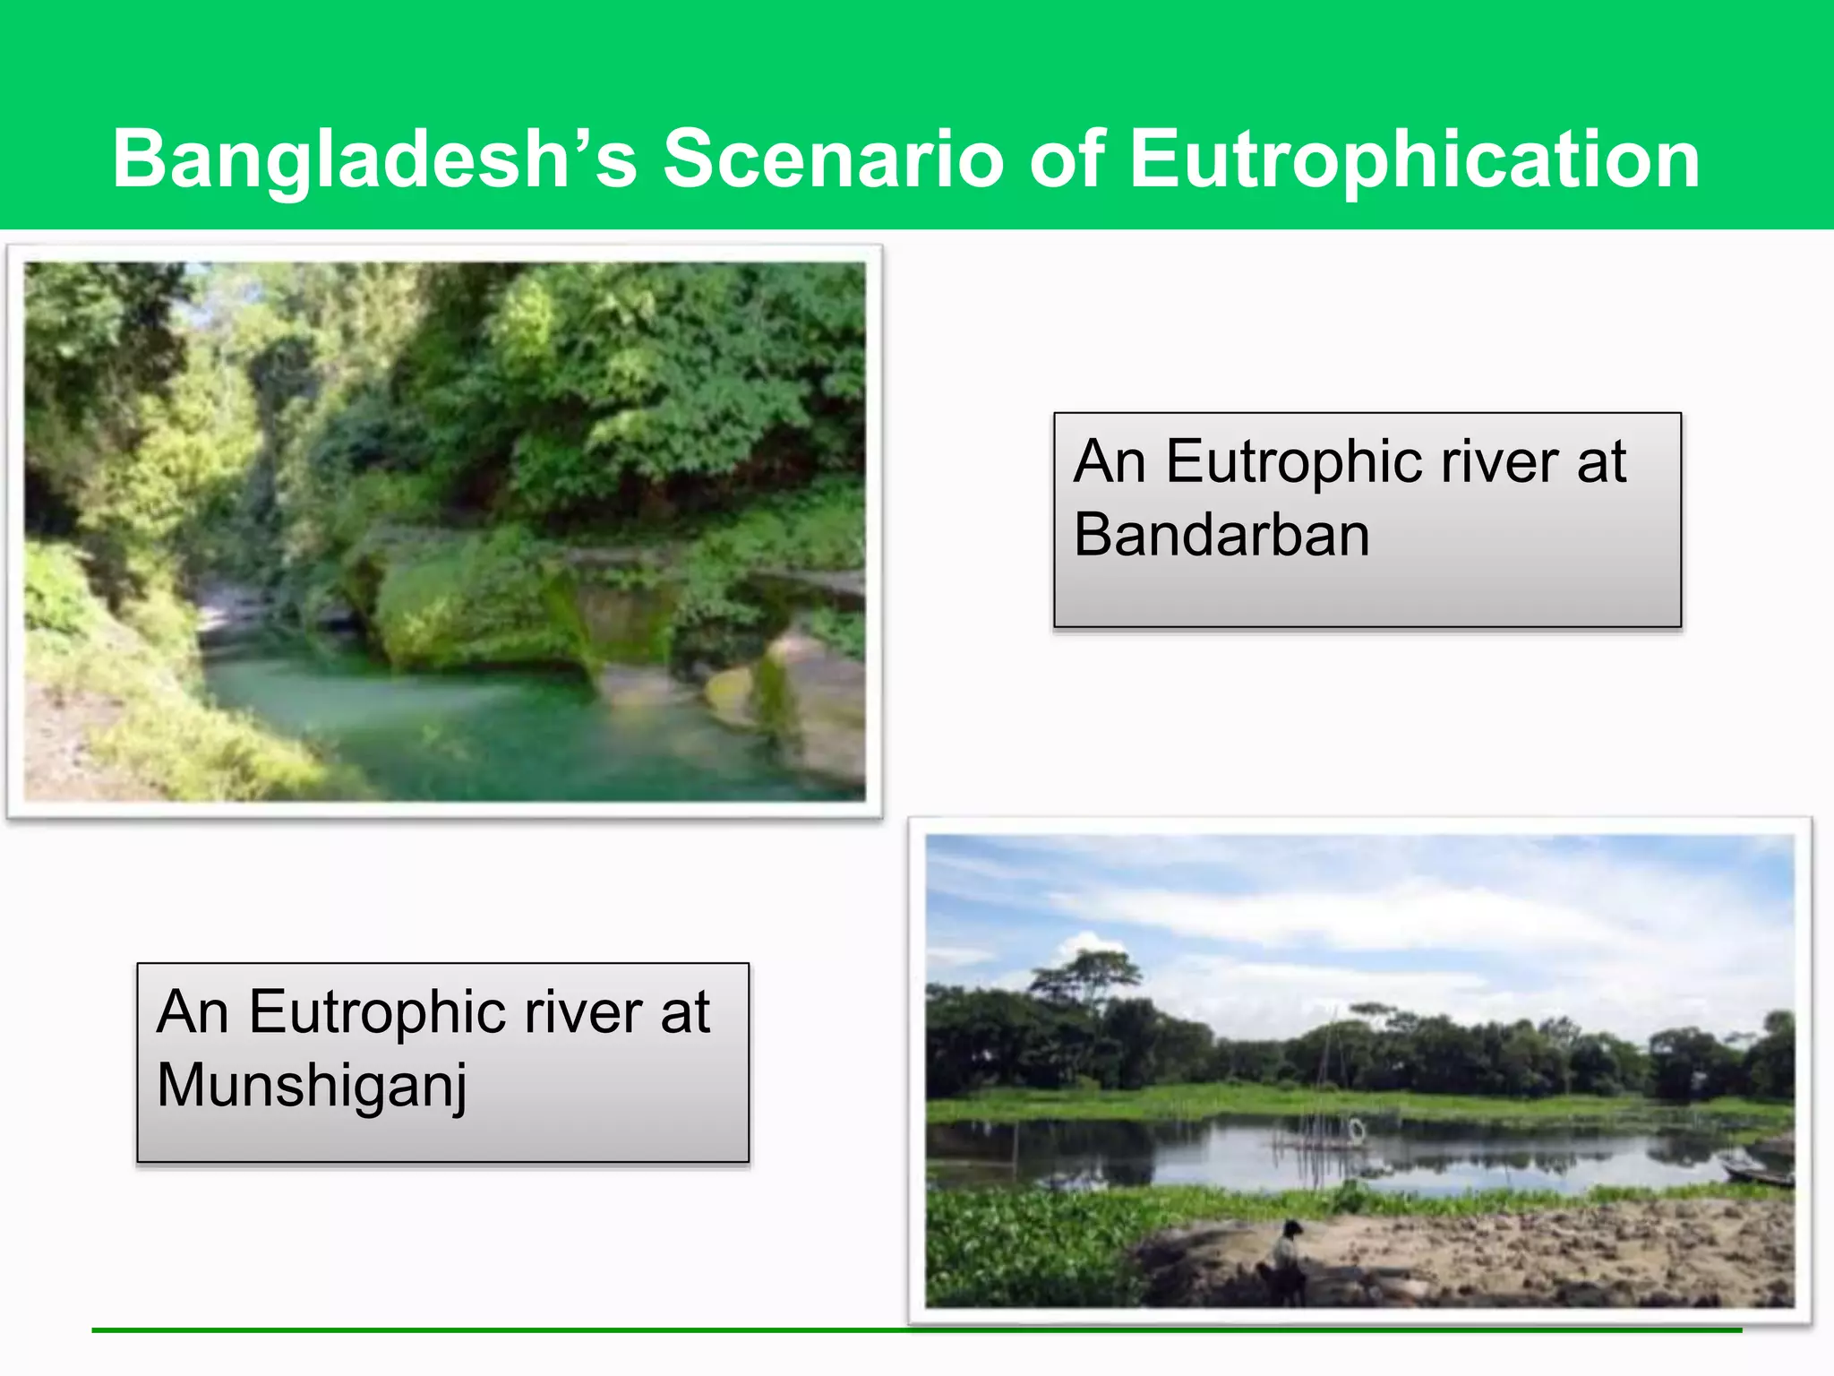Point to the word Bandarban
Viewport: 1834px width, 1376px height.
tap(1221, 536)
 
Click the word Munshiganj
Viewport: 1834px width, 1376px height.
tap(312, 1086)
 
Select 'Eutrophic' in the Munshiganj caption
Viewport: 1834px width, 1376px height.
tap(376, 1012)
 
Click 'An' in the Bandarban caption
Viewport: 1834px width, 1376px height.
tap(1109, 462)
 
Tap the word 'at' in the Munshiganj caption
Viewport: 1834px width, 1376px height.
tap(685, 1012)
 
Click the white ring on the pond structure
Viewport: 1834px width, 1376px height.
tap(1356, 1130)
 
